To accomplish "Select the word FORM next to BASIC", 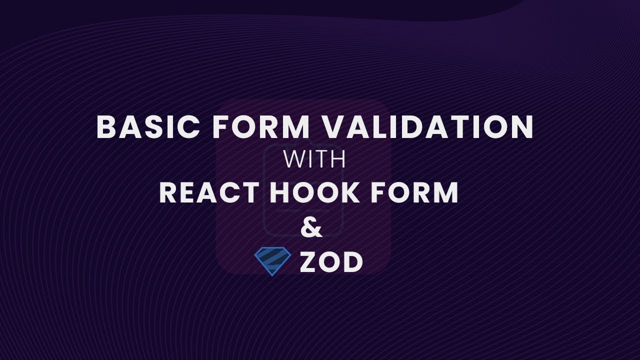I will [262, 127].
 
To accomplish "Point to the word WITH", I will [315, 160].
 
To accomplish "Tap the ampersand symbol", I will [312, 228].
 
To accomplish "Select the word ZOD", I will [331, 262].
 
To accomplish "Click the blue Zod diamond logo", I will [272, 261].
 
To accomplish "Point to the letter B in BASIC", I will [106, 127].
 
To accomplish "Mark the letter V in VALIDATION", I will [335, 127].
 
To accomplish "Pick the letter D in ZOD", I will [353, 262].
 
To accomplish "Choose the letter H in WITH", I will [337, 160].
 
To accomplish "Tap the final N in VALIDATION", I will [521, 127].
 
